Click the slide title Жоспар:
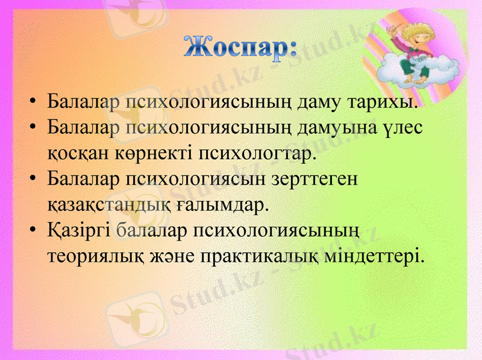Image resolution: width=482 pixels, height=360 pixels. pos(240,46)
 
